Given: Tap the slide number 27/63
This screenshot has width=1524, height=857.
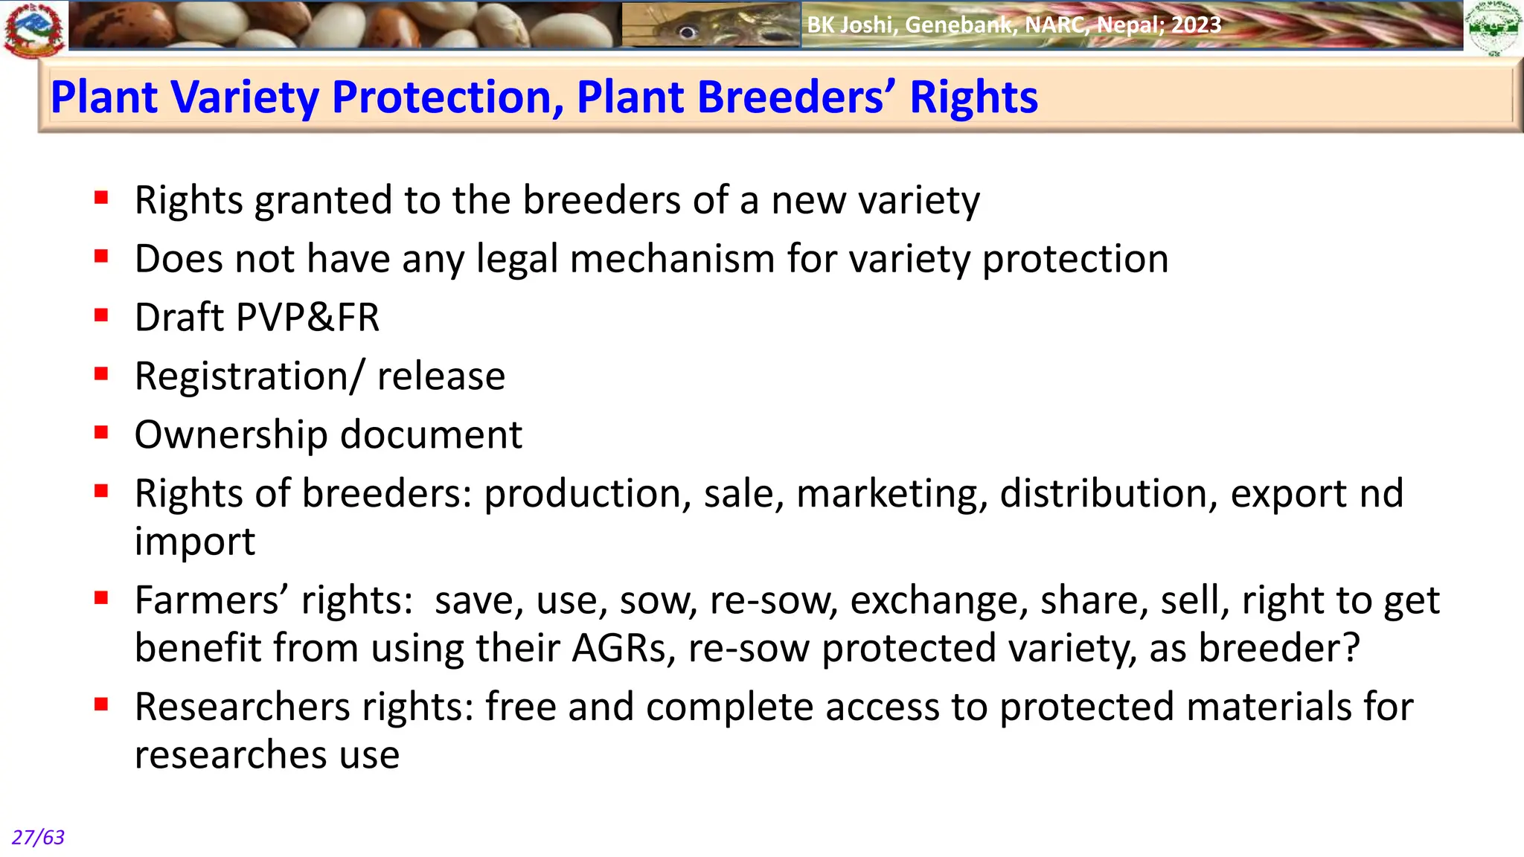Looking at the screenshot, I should [38, 838].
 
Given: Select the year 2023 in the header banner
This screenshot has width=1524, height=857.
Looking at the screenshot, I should [1196, 25].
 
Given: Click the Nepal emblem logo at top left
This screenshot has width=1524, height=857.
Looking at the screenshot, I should [34, 29].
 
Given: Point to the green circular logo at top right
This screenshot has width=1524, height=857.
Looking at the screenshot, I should [1493, 28].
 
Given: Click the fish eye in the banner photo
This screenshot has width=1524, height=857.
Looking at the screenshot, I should [688, 32].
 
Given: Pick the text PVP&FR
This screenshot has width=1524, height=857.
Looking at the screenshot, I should [307, 318].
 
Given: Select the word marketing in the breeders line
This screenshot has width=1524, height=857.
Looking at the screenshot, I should [892, 494].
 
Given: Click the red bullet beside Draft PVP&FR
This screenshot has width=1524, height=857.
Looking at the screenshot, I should [102, 315].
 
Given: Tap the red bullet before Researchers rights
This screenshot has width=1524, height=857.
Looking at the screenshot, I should [102, 704].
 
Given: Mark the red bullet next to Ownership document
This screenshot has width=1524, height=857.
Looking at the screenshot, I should [102, 432].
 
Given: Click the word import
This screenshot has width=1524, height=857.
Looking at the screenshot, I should [194, 542].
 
